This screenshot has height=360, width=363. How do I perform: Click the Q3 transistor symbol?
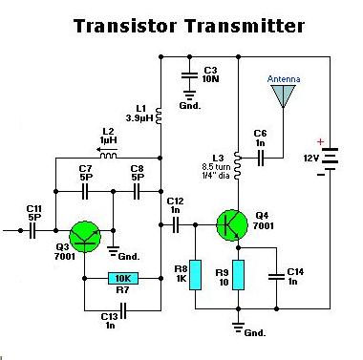tap(85, 237)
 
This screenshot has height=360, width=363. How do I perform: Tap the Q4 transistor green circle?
tap(232, 224)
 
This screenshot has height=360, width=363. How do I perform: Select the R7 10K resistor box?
tap(123, 279)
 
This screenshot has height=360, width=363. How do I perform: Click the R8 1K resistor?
tap(195, 275)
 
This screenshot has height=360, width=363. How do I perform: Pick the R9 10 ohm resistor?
tap(238, 275)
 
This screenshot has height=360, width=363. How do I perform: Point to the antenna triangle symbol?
tap(283, 95)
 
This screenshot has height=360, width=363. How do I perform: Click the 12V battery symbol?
tap(330, 159)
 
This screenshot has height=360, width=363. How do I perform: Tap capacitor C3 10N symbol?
tap(189, 75)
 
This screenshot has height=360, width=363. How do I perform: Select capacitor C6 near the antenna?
tap(261, 158)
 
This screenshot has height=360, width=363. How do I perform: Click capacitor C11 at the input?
tap(32, 230)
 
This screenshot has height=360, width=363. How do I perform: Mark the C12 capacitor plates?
tap(175, 224)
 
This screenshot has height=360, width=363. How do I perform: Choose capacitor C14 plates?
tap(276, 277)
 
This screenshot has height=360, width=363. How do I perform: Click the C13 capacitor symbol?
tap(123, 310)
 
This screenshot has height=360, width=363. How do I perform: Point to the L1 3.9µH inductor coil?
tap(160, 115)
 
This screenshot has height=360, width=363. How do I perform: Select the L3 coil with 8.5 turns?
tap(237, 165)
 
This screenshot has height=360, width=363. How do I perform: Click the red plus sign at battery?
tap(320, 141)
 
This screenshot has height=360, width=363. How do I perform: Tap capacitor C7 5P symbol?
tap(85, 191)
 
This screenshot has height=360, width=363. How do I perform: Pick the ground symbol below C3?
tap(189, 95)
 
